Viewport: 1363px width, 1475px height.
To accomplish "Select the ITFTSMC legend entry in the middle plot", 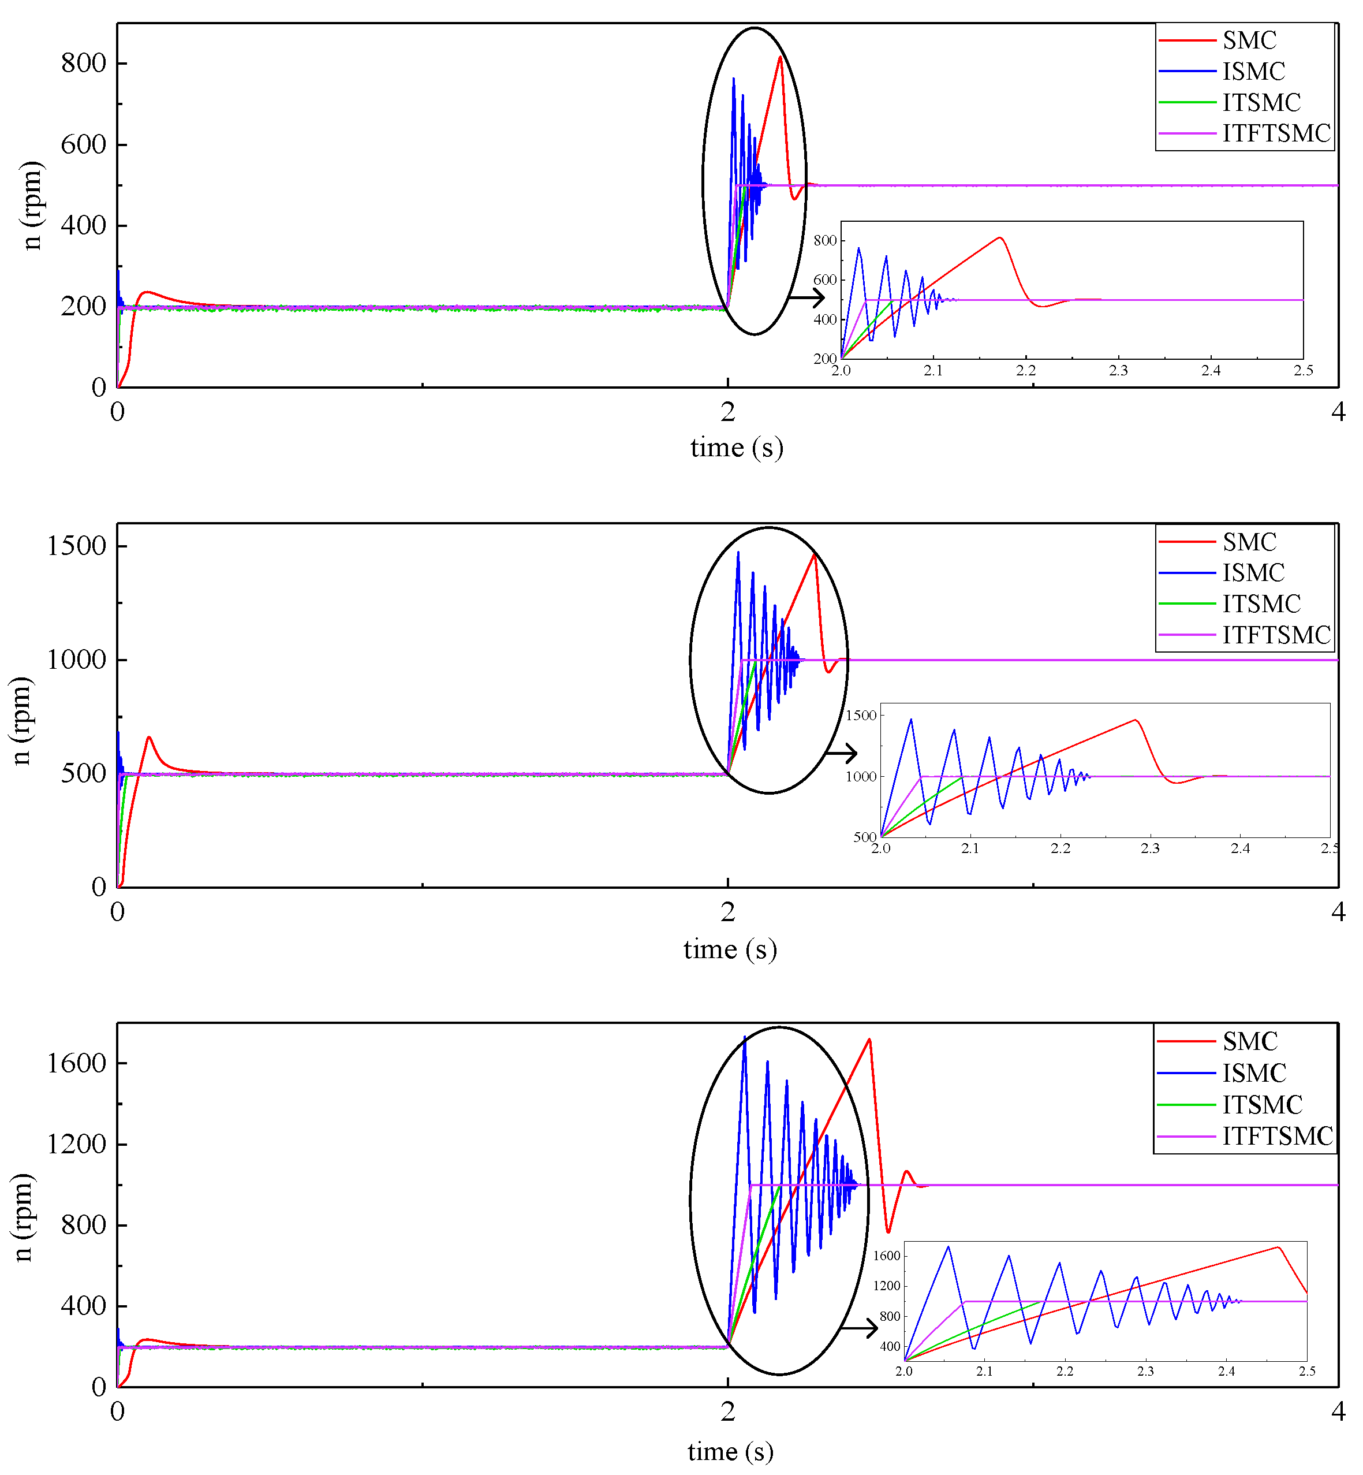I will click(1275, 635).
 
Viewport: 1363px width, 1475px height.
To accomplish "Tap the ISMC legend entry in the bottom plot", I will click(1253, 1073).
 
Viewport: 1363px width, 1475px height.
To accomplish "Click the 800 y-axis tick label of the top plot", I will click(83, 64).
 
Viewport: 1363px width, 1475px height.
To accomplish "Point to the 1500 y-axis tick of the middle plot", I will click(76, 546).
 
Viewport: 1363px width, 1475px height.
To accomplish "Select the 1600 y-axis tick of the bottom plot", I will click(76, 1063).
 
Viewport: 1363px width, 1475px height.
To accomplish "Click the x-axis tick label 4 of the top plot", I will click(1337, 412).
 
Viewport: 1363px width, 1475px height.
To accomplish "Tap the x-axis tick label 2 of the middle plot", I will click(728, 912).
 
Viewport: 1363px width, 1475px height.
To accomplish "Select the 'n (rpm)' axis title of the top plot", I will click(31, 205).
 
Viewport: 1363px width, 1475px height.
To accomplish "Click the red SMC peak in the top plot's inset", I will click(1000, 237).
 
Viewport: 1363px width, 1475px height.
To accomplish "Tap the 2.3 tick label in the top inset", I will click(1118, 370).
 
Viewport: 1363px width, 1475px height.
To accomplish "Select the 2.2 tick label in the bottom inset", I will click(1065, 1371).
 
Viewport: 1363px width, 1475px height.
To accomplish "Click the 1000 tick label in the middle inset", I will click(860, 776).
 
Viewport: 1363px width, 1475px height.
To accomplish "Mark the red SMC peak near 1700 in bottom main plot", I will click(869, 1040).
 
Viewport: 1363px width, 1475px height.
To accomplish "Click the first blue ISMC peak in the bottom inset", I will click(948, 1247).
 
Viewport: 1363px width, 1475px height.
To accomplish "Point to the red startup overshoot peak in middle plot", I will click(149, 737).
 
